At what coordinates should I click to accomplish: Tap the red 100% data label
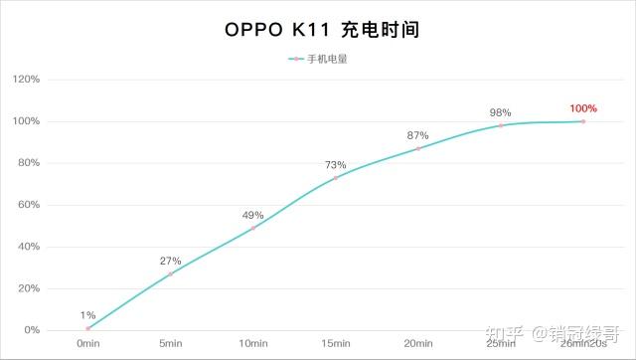tap(582, 107)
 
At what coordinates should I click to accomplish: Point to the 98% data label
tap(500, 112)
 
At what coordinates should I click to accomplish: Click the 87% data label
tap(417, 135)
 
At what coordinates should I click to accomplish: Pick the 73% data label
tap(335, 164)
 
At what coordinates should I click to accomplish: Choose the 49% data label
tap(252, 215)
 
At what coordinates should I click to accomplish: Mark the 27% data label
tap(170, 261)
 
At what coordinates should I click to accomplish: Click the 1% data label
tap(87, 315)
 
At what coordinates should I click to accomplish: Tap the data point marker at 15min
tap(335, 178)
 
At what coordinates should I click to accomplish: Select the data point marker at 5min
tap(170, 273)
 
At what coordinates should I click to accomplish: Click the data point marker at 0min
tap(87, 328)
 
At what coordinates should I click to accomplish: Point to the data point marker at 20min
tap(417, 148)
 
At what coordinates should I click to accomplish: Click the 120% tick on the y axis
tap(26, 80)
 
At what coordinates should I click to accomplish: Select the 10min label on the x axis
tap(252, 343)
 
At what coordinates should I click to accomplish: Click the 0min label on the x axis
tap(87, 343)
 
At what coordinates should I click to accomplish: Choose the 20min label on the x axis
tap(417, 343)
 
